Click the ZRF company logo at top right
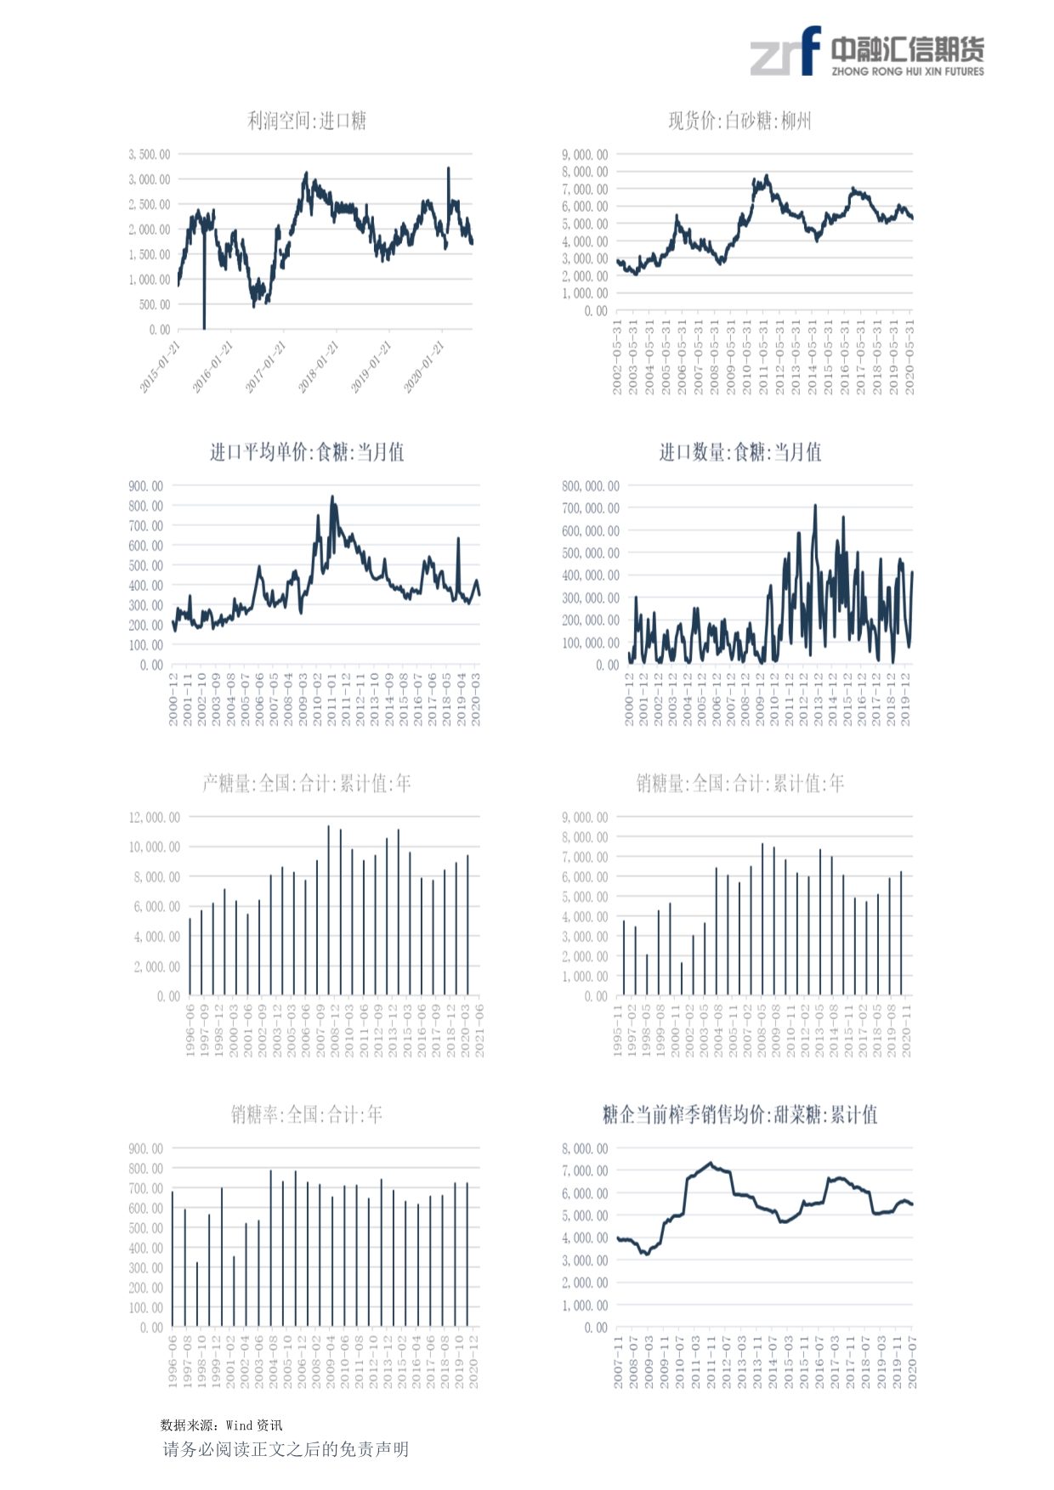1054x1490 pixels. click(x=866, y=52)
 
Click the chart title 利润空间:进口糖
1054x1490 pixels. click(x=307, y=122)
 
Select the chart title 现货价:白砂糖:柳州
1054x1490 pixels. click(x=739, y=122)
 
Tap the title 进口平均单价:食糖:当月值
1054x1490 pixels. click(x=307, y=452)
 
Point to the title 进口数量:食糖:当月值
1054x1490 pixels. click(x=740, y=452)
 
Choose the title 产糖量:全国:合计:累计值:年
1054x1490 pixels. click(x=307, y=784)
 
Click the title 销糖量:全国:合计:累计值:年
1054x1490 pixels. click(x=740, y=784)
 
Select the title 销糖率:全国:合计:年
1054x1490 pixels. click(x=307, y=1114)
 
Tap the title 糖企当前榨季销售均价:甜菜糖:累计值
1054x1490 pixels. click(x=740, y=1114)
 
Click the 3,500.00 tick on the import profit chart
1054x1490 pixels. click(x=150, y=155)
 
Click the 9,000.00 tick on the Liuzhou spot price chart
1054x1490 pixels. click(x=585, y=155)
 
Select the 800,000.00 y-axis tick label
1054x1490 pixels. click(x=591, y=486)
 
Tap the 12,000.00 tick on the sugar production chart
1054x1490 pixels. click(x=155, y=818)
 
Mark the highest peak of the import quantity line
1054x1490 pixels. click(x=815, y=506)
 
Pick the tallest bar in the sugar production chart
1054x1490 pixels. click(x=329, y=827)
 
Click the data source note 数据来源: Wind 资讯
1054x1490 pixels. click(x=221, y=1425)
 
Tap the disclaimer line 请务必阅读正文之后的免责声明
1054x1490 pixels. click(x=286, y=1449)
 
